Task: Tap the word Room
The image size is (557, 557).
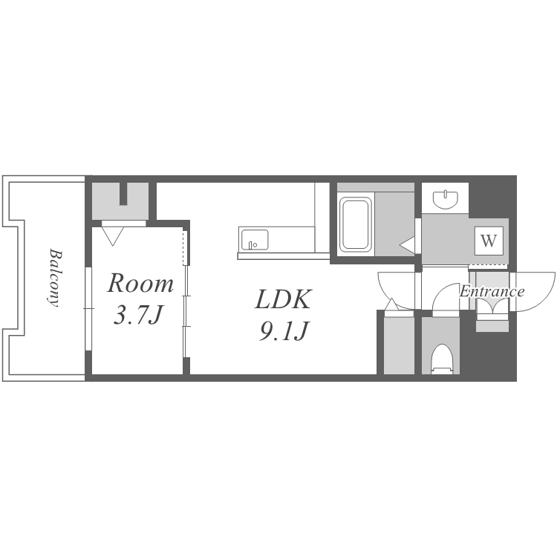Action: point(140,284)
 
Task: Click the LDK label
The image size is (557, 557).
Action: point(283,299)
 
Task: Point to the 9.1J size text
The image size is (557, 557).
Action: point(283,331)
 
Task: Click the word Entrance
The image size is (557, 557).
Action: point(492,292)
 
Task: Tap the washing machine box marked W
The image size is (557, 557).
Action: point(489,241)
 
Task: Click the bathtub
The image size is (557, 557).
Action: point(355,224)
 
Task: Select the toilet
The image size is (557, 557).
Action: point(442,359)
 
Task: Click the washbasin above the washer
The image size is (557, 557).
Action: point(446,199)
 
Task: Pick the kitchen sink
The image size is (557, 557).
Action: point(255,240)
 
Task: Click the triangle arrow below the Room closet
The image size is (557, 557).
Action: point(113,236)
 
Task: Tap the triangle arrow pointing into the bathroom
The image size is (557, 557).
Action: point(408,245)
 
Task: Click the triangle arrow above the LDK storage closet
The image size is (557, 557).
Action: point(391,304)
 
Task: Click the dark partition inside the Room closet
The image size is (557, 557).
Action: point(123,194)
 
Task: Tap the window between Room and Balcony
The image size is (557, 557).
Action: point(88,309)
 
